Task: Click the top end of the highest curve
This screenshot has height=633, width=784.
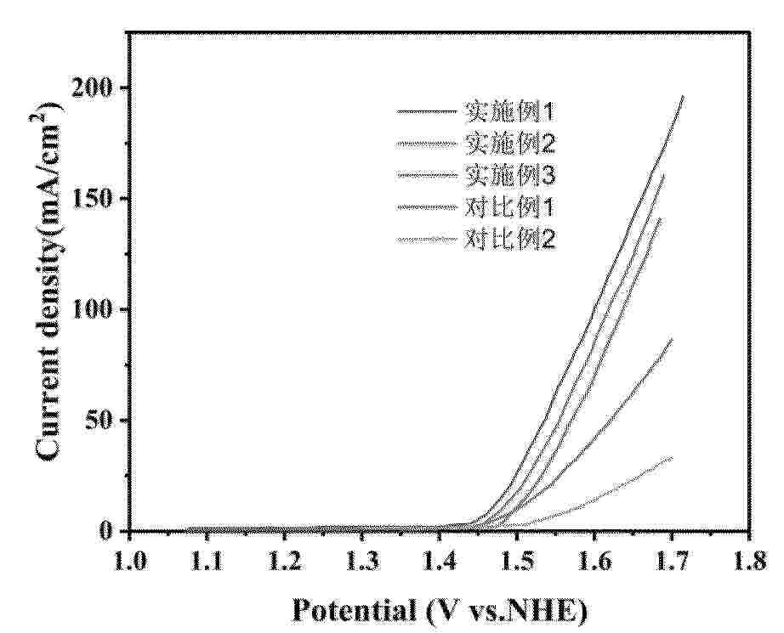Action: (683, 97)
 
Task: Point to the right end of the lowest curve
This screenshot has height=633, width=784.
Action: (672, 458)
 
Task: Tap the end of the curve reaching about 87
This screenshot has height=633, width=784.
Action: (672, 339)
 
